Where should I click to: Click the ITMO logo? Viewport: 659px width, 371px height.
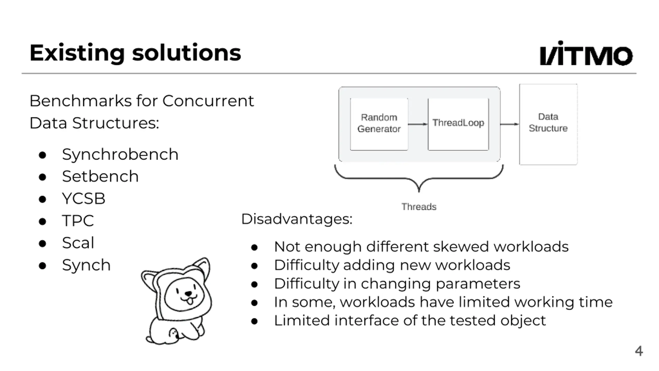(x=586, y=54)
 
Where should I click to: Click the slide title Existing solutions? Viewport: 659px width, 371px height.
(x=135, y=53)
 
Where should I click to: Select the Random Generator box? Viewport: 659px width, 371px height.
(x=379, y=124)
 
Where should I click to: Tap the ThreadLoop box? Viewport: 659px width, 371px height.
(x=458, y=124)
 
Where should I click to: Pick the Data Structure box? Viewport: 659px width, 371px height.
(x=548, y=124)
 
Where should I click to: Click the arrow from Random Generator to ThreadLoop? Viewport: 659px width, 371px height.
(x=418, y=124)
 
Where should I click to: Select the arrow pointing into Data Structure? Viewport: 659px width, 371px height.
(x=509, y=124)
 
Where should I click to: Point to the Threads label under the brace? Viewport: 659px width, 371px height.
(x=419, y=207)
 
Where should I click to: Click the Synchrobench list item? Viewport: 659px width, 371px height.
(x=120, y=155)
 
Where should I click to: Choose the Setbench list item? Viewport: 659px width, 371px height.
(x=100, y=177)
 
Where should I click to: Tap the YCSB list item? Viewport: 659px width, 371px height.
(x=83, y=199)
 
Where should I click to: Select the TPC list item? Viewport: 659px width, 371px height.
(x=78, y=221)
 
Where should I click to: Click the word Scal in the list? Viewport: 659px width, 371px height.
(x=78, y=243)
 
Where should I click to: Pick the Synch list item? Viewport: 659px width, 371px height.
(x=86, y=265)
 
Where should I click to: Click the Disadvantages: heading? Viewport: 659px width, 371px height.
(x=297, y=219)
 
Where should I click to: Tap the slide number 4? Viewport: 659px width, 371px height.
(x=639, y=351)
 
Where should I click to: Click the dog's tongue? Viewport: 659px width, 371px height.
(x=189, y=301)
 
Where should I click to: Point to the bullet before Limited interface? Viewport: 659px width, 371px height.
(x=254, y=321)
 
